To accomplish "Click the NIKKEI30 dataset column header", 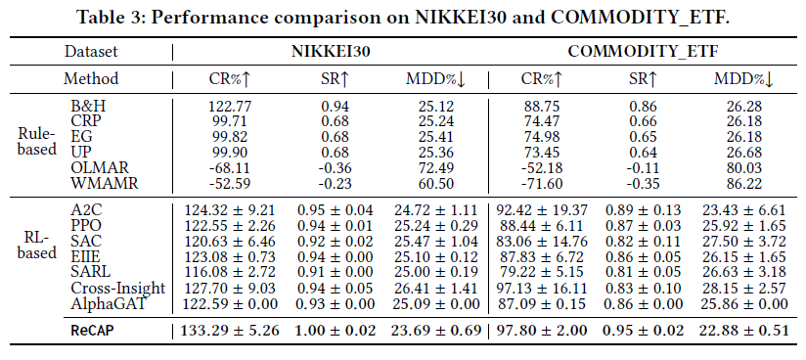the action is tap(330, 52).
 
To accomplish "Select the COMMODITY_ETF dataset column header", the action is tap(643, 52).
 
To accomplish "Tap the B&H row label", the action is tap(85, 107).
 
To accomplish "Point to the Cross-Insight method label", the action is tap(118, 289).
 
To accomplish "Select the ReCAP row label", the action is tap(92, 330).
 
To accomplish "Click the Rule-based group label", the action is tap(37, 142).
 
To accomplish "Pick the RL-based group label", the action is tap(37, 246).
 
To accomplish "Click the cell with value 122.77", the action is tap(228, 107).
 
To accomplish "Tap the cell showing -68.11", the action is tap(228, 167).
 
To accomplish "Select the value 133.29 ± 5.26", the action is tap(230, 330).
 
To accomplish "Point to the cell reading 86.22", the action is tap(743, 183).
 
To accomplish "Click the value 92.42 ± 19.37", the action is tap(542, 209).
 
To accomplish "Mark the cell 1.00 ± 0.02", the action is tap(336, 330).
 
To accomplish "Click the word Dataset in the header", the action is tap(91, 52).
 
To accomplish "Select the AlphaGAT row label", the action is tap(109, 304).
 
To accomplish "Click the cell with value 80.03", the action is tap(743, 167).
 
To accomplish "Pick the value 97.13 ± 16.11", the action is tap(542, 289).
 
